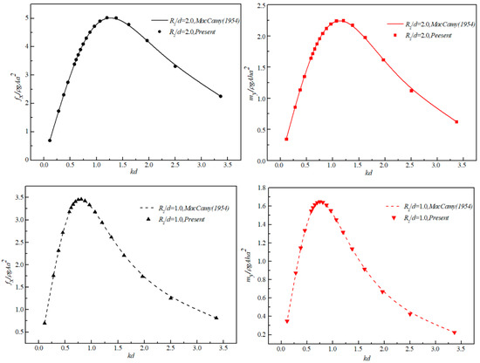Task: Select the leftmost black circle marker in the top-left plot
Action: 50,140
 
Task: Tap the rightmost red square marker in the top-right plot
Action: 456,122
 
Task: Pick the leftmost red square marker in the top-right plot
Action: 286,139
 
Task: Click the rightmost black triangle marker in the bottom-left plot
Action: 216,318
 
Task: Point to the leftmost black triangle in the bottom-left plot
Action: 45,323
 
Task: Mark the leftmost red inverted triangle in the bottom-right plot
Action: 286,322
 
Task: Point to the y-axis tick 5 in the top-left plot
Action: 31,17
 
